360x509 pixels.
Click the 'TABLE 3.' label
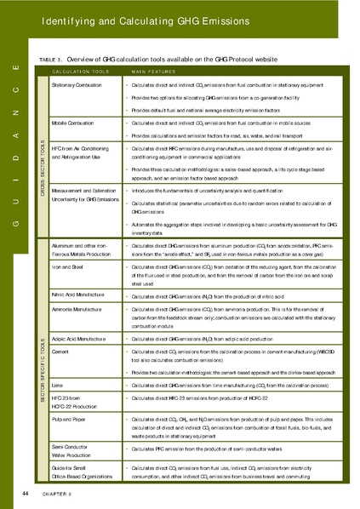pyautogui.click(x=51, y=59)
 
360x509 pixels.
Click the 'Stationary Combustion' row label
pyautogui.click(x=76, y=86)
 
